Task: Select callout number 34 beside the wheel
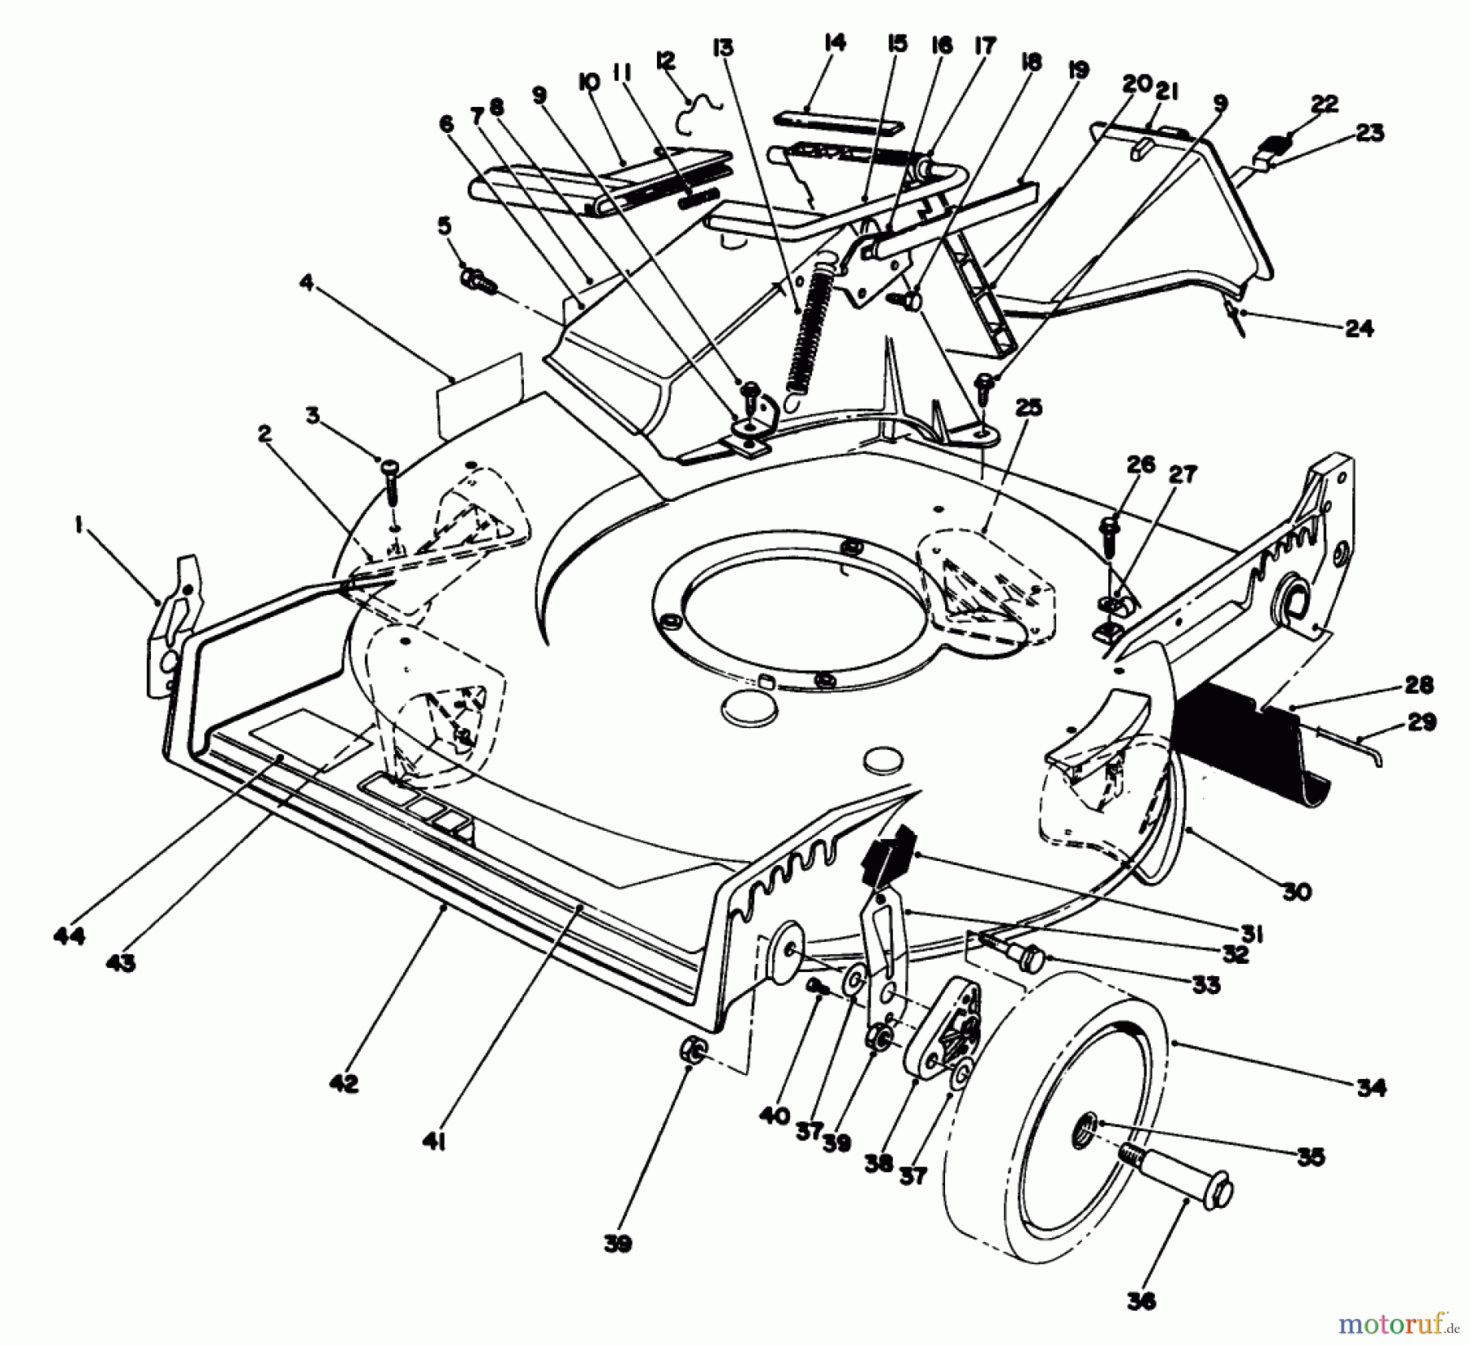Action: (x=1372, y=1087)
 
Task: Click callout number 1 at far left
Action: (x=78, y=528)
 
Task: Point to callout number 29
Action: (x=1421, y=722)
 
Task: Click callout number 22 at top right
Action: (x=1324, y=104)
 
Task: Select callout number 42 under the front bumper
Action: (x=344, y=1083)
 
